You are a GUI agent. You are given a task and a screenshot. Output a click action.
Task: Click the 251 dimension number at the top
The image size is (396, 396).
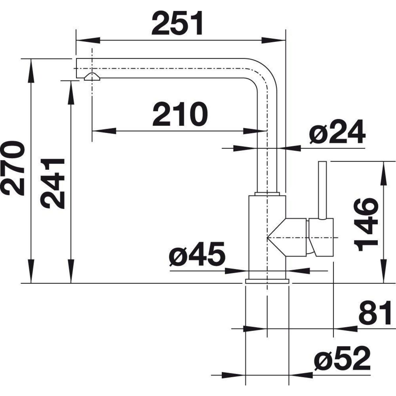(x=177, y=24)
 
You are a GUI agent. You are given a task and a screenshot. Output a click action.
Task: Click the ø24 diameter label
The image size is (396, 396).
(x=337, y=133)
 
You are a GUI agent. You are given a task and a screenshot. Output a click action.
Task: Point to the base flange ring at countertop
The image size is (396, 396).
(x=267, y=281)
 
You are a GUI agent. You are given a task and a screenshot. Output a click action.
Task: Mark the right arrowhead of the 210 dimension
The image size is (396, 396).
(x=255, y=131)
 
